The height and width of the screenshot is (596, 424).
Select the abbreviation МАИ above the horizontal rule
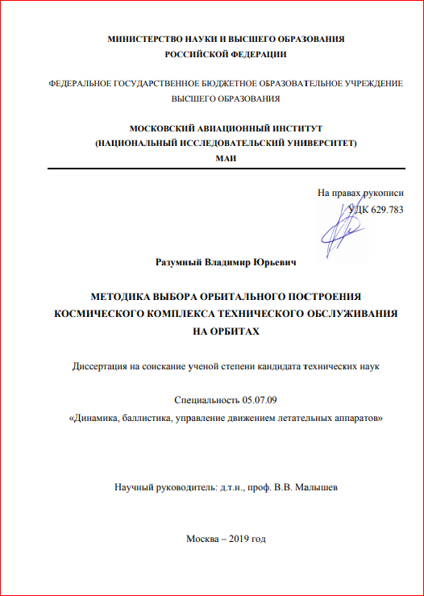225,156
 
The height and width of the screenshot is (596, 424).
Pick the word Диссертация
100,367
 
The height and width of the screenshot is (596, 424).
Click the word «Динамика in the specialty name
98,419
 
